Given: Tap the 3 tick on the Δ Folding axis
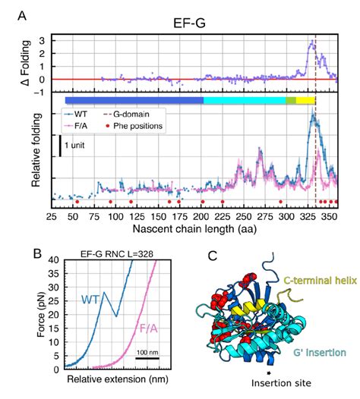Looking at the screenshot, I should click(x=43, y=39).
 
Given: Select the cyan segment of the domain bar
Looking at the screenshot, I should click(x=244, y=100).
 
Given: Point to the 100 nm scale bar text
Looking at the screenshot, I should click(x=148, y=352).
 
